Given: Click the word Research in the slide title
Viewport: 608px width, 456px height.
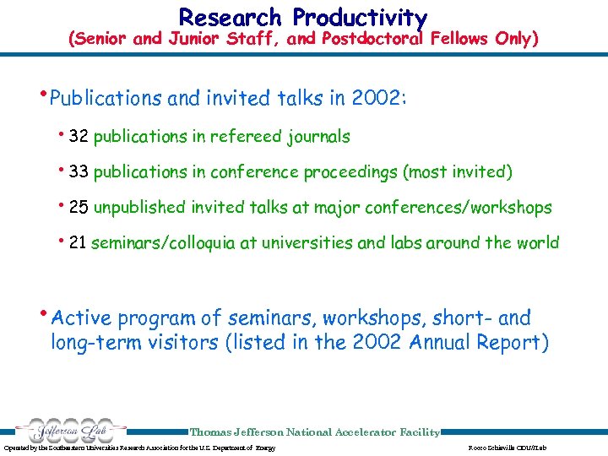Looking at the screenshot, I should [230, 17].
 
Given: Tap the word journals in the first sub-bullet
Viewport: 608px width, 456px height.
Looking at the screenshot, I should [320, 136].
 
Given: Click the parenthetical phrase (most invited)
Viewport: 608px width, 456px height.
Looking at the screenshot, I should [458, 171].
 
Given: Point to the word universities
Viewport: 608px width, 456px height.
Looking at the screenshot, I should [307, 243].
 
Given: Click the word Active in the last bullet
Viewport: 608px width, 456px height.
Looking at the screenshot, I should [82, 318].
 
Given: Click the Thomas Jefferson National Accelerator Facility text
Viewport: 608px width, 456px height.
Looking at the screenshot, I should [314, 432].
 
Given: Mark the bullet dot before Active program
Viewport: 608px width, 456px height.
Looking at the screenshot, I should [45, 313].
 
